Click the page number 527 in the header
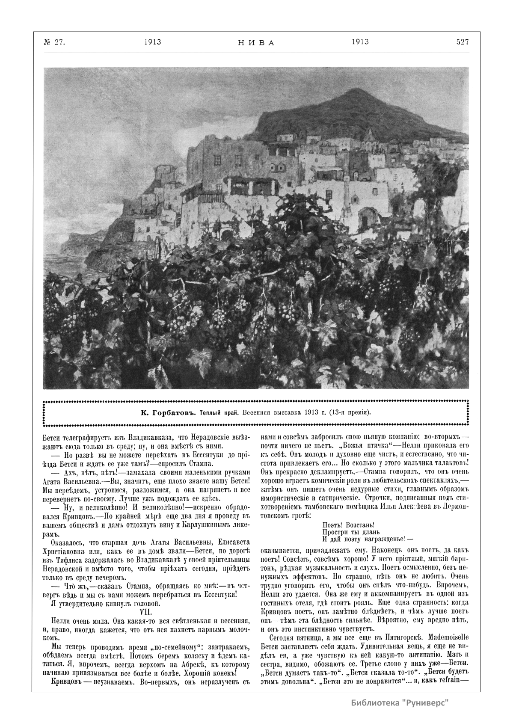point(462,42)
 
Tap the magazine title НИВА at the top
point(255,43)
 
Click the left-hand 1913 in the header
point(152,42)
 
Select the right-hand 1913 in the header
point(360,42)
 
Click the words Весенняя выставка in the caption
point(271,413)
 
